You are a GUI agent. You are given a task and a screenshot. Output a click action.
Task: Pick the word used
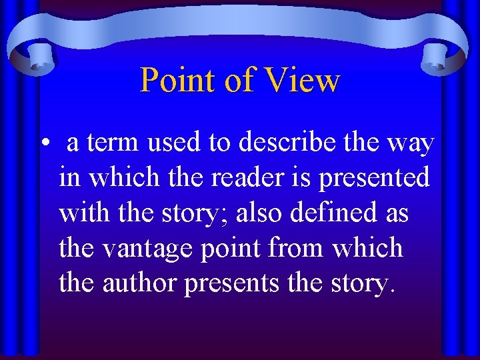[176, 143]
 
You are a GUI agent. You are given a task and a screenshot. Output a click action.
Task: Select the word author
[139, 283]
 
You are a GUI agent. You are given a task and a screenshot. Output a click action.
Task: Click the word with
[80, 214]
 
